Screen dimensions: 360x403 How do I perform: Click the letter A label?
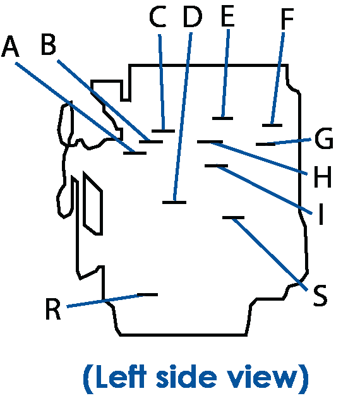point(10,47)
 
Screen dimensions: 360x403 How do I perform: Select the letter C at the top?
point(157,16)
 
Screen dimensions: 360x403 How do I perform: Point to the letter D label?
point(193,16)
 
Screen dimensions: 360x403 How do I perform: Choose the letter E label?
point(227,16)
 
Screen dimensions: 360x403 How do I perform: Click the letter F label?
point(287,19)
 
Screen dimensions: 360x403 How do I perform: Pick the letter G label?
point(324,138)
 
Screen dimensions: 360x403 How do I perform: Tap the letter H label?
point(323,177)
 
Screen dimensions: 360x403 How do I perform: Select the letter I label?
point(321,214)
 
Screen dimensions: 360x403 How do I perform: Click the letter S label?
point(320,296)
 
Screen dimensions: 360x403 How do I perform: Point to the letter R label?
point(53,309)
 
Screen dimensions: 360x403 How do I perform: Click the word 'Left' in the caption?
point(121,377)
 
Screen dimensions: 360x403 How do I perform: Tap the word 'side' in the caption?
point(186,377)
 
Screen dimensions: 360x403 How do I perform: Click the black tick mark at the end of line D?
point(174,203)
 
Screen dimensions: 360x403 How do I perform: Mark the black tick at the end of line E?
point(222,119)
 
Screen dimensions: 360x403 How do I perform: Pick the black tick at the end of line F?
point(272,126)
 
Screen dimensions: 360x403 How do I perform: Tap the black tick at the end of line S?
point(233,218)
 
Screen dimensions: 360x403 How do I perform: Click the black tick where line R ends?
point(148,294)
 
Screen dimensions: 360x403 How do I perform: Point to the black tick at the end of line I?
point(217,165)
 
